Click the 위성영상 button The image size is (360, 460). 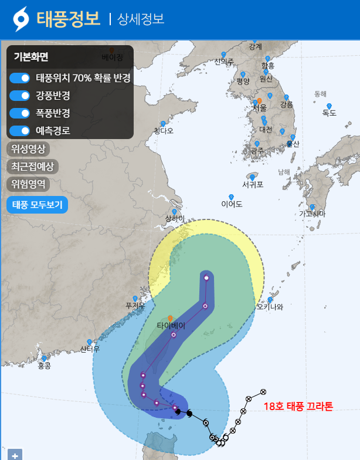[28, 148]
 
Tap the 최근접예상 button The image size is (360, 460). [33, 167]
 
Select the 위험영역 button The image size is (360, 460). [28, 184]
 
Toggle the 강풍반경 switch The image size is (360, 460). [20, 96]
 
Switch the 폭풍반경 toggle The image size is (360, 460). [20, 113]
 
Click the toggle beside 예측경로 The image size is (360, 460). [20, 131]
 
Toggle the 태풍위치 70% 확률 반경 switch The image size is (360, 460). [20, 78]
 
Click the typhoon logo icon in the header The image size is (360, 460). [21, 19]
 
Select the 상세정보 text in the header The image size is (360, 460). [141, 19]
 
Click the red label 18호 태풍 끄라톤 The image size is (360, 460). [298, 407]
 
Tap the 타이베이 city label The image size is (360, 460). [171, 326]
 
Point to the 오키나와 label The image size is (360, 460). [270, 307]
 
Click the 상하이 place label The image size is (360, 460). [175, 219]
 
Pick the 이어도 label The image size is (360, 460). [232, 204]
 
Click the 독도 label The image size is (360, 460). [329, 113]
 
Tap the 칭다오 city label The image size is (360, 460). [164, 131]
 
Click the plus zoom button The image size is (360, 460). [15, 455]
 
